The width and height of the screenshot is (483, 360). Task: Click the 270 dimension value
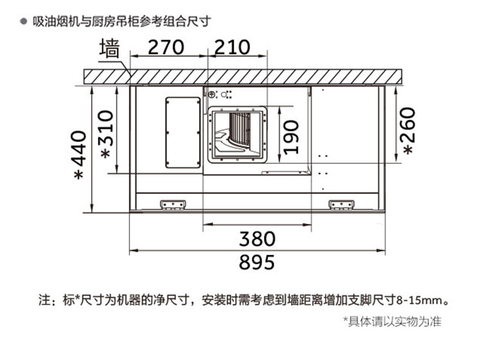point(166,48)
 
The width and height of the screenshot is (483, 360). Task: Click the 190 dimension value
point(291,137)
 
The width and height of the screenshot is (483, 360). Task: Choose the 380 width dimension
point(257,239)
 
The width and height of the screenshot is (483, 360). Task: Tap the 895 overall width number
point(256,262)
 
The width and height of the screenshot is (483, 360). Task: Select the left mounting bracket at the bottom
point(173,205)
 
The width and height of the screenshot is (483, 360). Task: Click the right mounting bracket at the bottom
point(341,205)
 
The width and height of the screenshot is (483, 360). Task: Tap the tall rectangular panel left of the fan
point(183,133)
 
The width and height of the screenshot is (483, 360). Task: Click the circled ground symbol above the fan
point(211,95)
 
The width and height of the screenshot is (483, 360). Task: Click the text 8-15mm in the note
point(418,301)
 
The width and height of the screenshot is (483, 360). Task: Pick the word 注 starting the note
point(44,301)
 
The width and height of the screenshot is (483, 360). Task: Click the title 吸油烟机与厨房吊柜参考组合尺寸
point(122,21)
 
